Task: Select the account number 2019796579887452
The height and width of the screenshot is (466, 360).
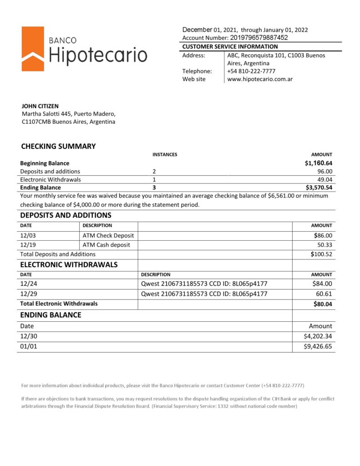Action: point(259,38)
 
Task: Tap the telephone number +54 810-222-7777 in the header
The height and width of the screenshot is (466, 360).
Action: point(251,71)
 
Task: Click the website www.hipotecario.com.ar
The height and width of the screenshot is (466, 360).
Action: point(259,79)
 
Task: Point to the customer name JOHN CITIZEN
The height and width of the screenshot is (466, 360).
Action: point(40,106)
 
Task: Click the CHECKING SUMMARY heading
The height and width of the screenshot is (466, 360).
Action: point(58,146)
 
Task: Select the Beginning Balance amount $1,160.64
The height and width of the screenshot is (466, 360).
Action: point(319,163)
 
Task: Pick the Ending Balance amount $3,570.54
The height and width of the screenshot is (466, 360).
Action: point(319,187)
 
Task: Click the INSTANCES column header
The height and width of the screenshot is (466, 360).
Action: point(164,155)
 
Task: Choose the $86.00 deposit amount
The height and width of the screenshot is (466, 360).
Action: point(324,235)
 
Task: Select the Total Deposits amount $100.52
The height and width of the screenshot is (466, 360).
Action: point(322,254)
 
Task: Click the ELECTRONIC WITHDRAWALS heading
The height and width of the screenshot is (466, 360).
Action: point(69,264)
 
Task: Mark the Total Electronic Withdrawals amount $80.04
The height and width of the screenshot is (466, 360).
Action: point(323,304)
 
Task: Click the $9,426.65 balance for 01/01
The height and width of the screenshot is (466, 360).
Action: point(318,347)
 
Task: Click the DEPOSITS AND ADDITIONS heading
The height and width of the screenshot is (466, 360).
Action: point(66,215)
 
